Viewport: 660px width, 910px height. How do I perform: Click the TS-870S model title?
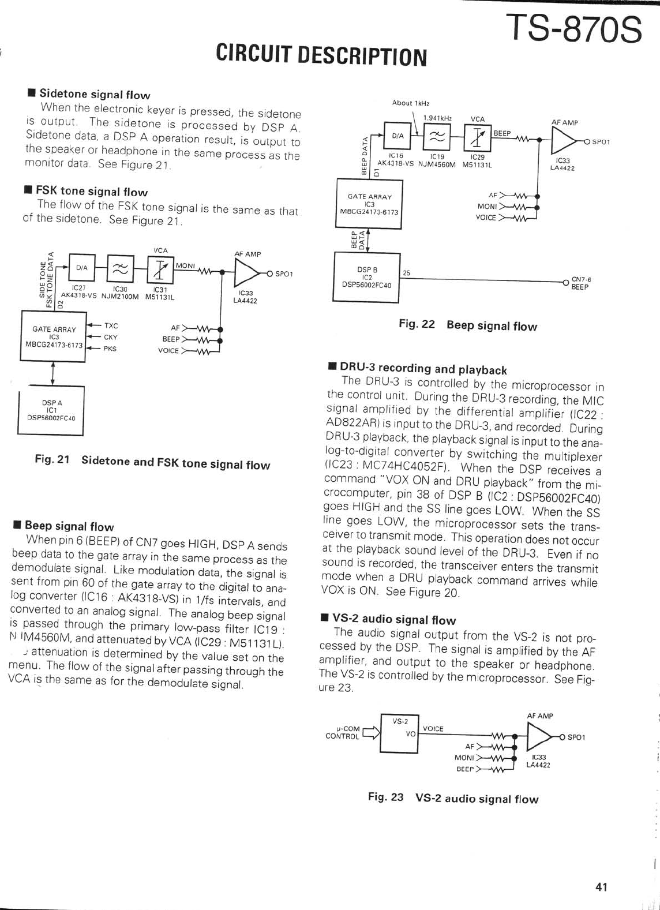click(573, 29)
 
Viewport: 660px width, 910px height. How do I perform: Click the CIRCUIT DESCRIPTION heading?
click(321, 55)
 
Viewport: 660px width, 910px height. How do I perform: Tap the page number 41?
click(601, 887)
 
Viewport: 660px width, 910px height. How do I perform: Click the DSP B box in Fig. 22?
click(367, 277)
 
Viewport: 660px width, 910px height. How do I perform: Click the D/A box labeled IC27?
click(82, 268)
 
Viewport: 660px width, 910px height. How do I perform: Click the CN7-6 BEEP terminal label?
click(580, 283)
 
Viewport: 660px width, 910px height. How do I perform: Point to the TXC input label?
click(111, 326)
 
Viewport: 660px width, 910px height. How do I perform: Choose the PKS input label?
click(110, 349)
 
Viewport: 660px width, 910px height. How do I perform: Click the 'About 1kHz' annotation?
click(410, 103)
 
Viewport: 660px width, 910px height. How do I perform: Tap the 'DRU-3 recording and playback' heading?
click(423, 368)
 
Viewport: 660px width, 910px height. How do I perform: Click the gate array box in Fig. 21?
click(53, 336)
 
